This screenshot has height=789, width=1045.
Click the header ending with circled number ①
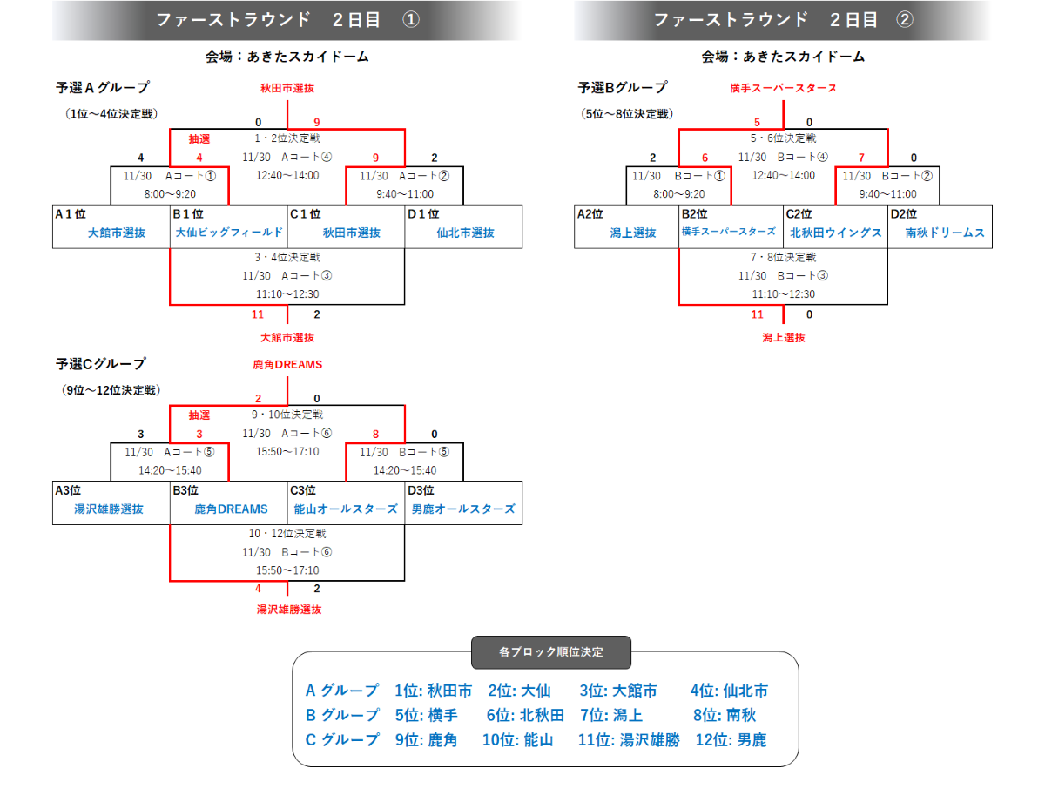point(287,20)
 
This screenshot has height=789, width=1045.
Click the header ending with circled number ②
point(783,20)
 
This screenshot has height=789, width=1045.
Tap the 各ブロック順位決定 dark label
point(550,651)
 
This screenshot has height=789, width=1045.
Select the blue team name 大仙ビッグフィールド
point(229,233)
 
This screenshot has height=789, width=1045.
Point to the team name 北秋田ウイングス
point(835,233)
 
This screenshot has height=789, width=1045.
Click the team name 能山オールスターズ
point(346,509)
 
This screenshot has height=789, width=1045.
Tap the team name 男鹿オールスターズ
point(463,509)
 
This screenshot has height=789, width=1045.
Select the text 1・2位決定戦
point(287,138)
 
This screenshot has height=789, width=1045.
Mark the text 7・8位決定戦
point(783,257)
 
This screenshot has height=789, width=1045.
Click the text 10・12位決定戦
point(287,533)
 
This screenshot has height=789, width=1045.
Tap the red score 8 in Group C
point(375,434)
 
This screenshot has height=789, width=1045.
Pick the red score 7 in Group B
point(862,158)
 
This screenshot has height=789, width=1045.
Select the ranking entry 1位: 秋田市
point(433,691)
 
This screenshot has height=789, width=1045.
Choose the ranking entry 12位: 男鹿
point(731,740)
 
